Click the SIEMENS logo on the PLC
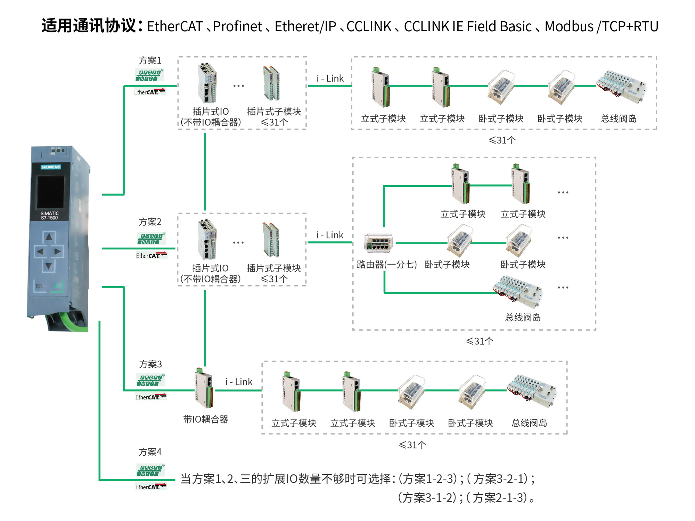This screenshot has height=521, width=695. click(x=51, y=167)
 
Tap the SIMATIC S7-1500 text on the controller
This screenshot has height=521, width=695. click(x=49, y=216)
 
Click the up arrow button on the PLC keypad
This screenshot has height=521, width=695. click(x=49, y=237)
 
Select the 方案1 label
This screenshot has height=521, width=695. click(x=150, y=60)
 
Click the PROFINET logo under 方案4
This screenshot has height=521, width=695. click(x=150, y=470)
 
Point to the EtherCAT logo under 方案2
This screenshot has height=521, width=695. click(x=151, y=256)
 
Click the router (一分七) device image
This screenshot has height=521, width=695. click(x=378, y=242)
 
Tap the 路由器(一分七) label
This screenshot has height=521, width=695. click(x=386, y=265)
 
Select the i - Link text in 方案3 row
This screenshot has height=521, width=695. click(x=239, y=382)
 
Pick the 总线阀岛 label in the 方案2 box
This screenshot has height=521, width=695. click(x=523, y=317)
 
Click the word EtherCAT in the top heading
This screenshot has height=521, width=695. click(x=175, y=26)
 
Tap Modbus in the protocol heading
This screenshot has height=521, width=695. click(x=569, y=26)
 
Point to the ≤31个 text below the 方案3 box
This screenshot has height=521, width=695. click(x=412, y=445)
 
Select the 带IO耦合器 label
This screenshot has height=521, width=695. click(x=205, y=420)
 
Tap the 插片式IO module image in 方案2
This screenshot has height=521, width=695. click(x=207, y=240)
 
